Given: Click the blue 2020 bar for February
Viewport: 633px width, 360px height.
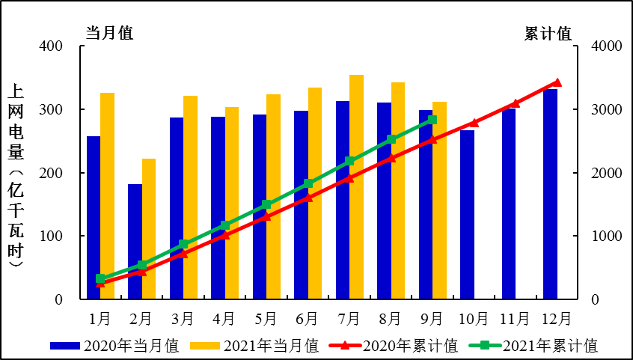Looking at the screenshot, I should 135,242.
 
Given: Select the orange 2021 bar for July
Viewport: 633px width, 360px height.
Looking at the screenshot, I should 357,187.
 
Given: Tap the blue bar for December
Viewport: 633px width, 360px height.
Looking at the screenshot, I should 550,195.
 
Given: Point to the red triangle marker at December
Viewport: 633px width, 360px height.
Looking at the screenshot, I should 557,82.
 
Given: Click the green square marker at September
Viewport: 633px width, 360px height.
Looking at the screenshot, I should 432,120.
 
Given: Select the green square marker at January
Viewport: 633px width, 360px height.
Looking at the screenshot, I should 100,278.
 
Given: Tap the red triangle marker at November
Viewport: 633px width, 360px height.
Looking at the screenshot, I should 515,103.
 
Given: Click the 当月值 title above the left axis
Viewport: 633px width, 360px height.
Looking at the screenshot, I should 108,34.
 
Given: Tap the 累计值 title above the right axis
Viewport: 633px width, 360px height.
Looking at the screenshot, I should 548,34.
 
